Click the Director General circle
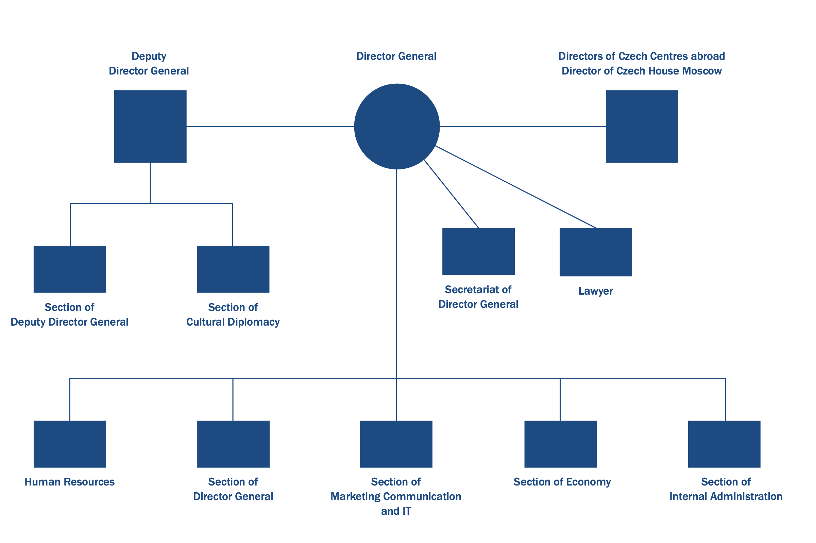coord(396,127)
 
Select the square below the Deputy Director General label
coord(150,127)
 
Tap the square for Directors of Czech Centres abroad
coord(642,127)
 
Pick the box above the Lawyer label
coord(595,252)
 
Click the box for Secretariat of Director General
coord(478,251)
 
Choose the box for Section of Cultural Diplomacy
coord(233,269)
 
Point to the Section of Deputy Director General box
coord(70,269)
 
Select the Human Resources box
coord(70,444)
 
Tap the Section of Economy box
coord(560,444)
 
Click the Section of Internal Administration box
coord(724,444)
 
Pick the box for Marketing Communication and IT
coord(396,444)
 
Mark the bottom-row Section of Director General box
coord(233,444)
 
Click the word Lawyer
coord(595,291)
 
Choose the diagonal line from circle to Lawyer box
coord(516,187)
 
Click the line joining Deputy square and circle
coord(270,127)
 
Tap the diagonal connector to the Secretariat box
coord(451,194)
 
